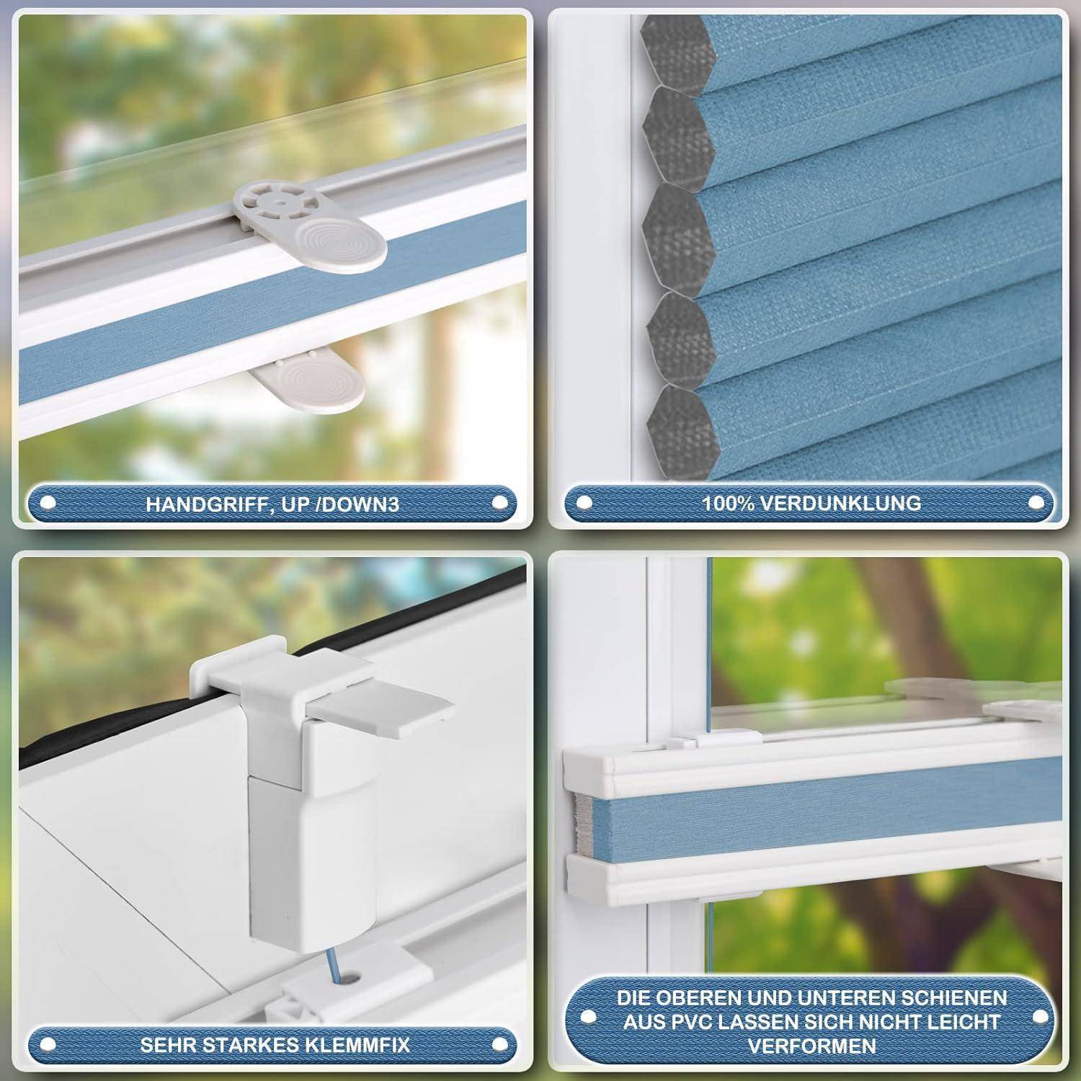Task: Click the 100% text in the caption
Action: pos(731,502)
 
